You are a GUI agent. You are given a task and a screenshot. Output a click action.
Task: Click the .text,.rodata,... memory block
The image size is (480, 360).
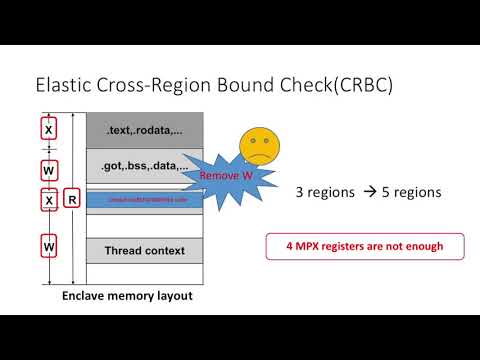tap(145, 128)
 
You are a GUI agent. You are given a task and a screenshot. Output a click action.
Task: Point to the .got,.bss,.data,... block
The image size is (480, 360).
tap(145, 166)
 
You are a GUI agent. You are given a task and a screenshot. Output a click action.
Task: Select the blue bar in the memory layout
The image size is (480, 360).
tap(145, 200)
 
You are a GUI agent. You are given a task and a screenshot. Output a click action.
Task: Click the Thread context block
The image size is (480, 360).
tap(145, 250)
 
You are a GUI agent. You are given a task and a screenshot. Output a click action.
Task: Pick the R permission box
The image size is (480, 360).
tap(72, 199)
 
